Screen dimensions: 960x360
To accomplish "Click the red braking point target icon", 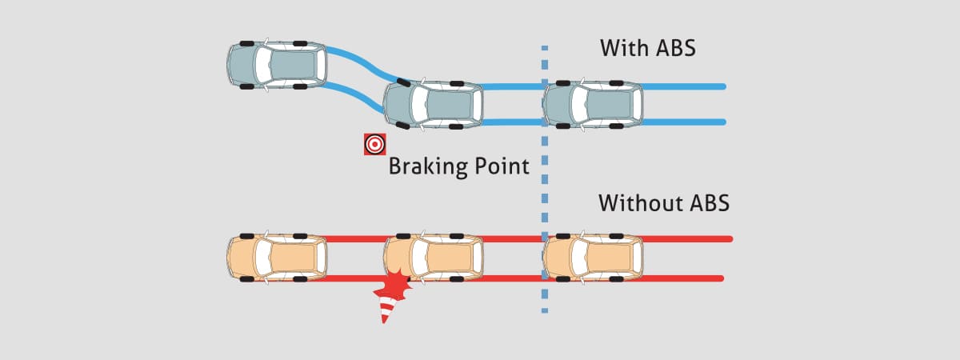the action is tap(375, 144).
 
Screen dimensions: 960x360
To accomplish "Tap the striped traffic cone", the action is tap(386, 310).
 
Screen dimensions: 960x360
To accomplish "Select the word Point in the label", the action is tap(498, 166).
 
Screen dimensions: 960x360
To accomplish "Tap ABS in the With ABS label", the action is tap(674, 47).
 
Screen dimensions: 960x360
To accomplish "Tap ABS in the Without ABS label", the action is tap(710, 202).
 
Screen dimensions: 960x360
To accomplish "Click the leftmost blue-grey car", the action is tap(277, 65).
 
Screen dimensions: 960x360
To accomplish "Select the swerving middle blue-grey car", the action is tap(433, 105).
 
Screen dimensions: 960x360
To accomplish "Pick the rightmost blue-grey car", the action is tap(593, 105).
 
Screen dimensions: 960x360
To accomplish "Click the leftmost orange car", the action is tap(277, 258).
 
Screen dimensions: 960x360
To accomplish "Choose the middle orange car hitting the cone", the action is tap(434, 258).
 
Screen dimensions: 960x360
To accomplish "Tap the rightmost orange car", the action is tap(593, 258).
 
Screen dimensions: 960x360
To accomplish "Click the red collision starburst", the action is tap(394, 285).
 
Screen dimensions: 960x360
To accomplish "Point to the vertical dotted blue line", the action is tap(545, 179).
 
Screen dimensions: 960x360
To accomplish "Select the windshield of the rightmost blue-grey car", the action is tap(579, 105).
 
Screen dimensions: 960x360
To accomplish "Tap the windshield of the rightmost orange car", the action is tap(579, 258).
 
